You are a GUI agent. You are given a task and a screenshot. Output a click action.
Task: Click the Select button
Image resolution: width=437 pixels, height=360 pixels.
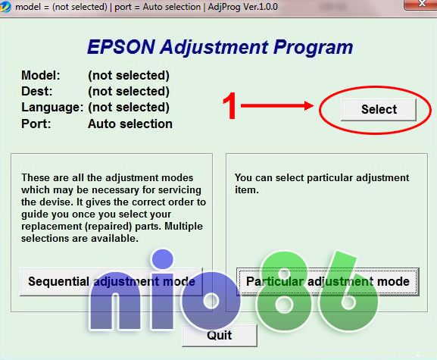click(379, 109)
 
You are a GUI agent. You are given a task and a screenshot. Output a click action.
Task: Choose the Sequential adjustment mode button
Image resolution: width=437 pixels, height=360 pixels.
click(111, 281)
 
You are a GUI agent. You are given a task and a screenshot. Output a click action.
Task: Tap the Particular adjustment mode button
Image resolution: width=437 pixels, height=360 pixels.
click(328, 281)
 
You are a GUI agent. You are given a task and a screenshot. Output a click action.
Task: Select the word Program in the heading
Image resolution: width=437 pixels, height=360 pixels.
click(308, 48)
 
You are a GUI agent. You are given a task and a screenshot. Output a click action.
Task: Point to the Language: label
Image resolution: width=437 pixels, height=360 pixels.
click(52, 108)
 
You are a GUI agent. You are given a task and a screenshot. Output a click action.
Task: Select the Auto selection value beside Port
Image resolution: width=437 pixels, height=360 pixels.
click(130, 124)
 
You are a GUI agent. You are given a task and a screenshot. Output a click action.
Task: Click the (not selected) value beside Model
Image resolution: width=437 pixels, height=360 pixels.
click(128, 76)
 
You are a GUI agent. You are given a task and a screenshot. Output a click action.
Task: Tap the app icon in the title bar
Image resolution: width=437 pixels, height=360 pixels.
click(7, 6)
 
